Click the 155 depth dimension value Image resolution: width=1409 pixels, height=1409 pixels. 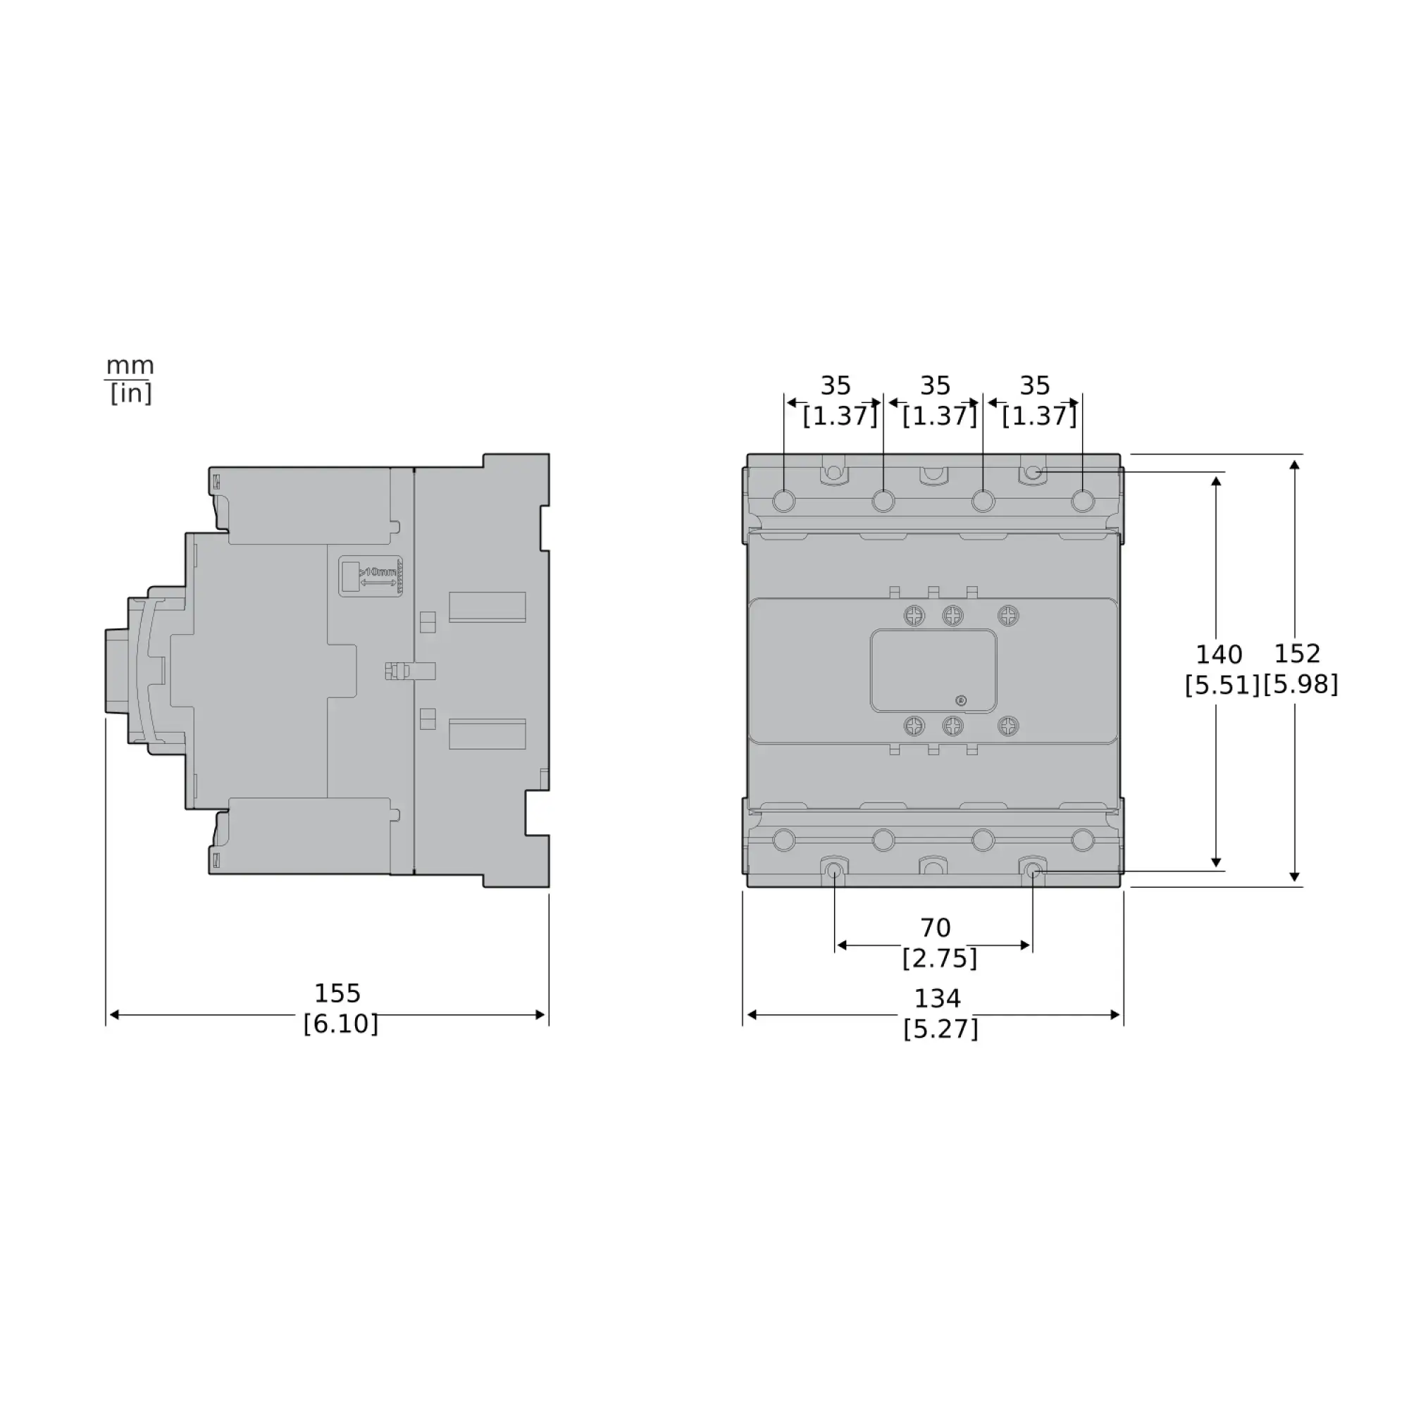(x=337, y=993)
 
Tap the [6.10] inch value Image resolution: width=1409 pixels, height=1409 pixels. (x=340, y=1024)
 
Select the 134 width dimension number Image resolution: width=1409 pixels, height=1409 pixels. (x=937, y=998)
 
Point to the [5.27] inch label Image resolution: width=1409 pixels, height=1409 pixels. (x=940, y=1029)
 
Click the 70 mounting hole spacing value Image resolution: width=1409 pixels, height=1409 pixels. (x=935, y=929)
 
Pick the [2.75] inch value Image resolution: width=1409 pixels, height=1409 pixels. (x=939, y=958)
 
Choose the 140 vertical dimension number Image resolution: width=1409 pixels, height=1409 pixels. (x=1219, y=655)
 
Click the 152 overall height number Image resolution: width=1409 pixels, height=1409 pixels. (x=1297, y=654)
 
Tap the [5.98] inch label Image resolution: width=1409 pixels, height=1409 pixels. (x=1301, y=685)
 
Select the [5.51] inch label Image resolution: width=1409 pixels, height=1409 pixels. (x=1222, y=685)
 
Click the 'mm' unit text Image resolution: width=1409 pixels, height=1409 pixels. (x=130, y=365)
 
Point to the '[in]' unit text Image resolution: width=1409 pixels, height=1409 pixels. (x=130, y=394)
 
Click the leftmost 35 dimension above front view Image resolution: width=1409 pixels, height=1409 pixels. (x=835, y=385)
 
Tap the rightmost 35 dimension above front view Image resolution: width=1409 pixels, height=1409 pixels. (x=1034, y=385)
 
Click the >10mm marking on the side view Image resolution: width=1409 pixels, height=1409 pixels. (x=378, y=573)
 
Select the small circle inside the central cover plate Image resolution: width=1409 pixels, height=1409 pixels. (x=960, y=701)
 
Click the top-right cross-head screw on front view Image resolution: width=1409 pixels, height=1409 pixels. (x=1008, y=616)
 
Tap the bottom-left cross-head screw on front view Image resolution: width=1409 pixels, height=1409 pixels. (x=914, y=726)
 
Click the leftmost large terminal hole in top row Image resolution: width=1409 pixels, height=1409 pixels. (x=783, y=502)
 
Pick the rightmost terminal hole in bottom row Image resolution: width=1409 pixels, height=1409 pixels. (x=1082, y=840)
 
